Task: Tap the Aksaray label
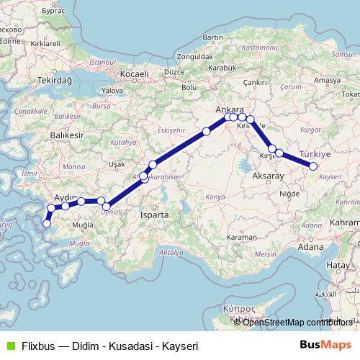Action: tap(269, 176)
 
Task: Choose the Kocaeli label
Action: tap(135, 73)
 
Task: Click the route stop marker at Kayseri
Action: tap(313, 166)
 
